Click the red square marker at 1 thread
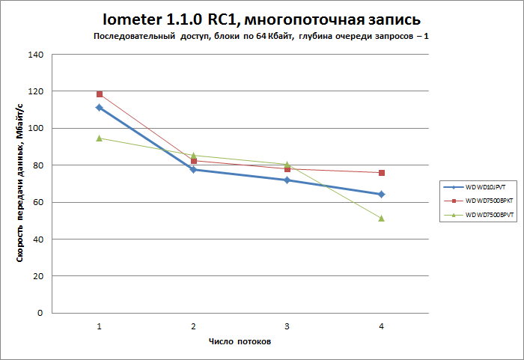coord(99,94)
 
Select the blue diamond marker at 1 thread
coord(99,108)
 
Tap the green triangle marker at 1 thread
coord(99,138)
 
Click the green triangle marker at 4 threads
coord(382,218)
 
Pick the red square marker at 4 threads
coord(382,173)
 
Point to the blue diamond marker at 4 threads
coord(382,194)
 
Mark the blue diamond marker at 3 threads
coord(287,180)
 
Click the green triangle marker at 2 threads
coord(193,155)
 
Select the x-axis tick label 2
coord(193,326)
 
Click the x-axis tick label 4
coord(382,326)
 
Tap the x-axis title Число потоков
coord(240,341)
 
